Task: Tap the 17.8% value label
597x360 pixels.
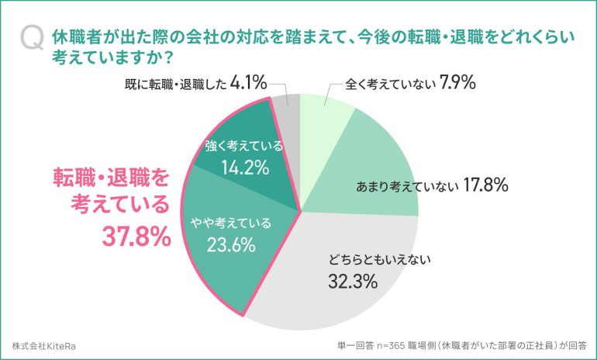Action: pos(485,185)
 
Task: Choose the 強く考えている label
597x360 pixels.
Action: pos(243,145)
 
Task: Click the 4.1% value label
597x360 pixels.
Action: pos(248,80)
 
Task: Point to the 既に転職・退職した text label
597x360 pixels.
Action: pos(174,81)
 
